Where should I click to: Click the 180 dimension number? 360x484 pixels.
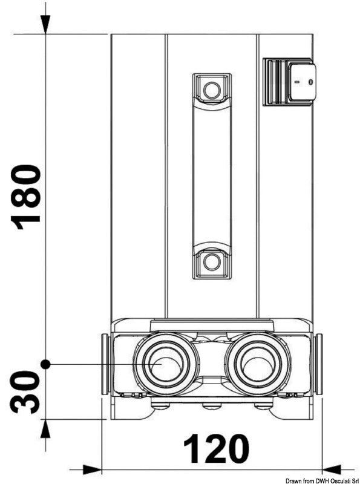click(x=25, y=197)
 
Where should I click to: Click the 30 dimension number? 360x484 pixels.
click(x=25, y=392)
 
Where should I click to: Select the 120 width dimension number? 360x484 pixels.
click(x=216, y=449)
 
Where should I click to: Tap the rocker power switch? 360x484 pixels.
click(x=290, y=82)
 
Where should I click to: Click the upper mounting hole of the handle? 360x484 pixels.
click(x=212, y=90)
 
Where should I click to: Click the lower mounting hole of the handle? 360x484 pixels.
click(x=212, y=262)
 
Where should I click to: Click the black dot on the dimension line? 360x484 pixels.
click(x=45, y=365)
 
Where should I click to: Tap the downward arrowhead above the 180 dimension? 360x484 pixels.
click(x=45, y=24)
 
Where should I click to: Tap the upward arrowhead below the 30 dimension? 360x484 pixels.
click(x=45, y=428)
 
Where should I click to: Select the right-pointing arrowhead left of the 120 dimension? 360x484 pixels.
click(x=92, y=469)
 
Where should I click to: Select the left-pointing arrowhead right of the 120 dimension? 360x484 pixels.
click(x=332, y=469)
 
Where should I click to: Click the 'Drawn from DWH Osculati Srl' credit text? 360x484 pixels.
click(x=322, y=481)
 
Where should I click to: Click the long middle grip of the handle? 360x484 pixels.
click(x=212, y=174)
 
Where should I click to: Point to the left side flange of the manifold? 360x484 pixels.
click(x=105, y=364)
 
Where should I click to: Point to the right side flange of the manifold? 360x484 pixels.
click(x=318, y=364)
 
